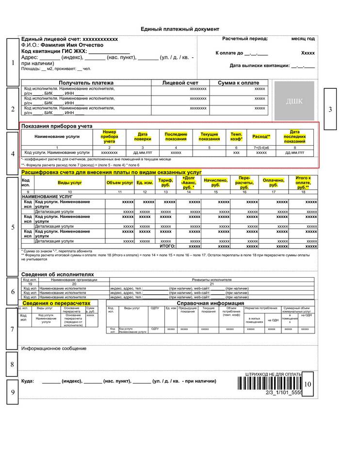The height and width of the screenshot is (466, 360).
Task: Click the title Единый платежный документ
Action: (180, 29)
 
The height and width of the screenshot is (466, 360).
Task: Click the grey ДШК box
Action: (294, 101)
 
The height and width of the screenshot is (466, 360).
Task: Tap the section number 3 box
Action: (330, 109)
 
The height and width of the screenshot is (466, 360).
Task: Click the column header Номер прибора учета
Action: (109, 136)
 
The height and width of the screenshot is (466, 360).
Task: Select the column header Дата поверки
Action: (143, 136)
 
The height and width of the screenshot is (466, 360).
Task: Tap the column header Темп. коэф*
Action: (236, 136)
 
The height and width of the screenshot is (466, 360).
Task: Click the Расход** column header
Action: (261, 136)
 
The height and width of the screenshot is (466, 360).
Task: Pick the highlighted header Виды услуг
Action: (70, 183)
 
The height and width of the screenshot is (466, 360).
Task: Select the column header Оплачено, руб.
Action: (274, 183)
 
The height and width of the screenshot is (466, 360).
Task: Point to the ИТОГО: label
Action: (167, 247)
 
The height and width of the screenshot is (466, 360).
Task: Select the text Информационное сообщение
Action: (53, 349)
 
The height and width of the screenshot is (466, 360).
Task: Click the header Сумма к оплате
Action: (238, 83)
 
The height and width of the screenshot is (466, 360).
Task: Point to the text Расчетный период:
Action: (245, 38)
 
